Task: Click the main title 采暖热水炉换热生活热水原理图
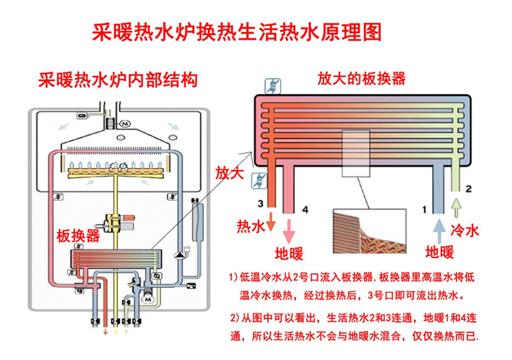(237, 32)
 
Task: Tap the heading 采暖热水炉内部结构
(118, 80)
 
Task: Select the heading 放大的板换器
(362, 78)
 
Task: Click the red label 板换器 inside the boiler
(78, 235)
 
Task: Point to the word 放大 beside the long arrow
(229, 173)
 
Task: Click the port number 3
(261, 204)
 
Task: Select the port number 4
(305, 210)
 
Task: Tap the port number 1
(424, 210)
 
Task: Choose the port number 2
(469, 189)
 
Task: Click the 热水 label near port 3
(251, 226)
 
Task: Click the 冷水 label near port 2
(465, 231)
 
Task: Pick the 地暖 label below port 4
(288, 253)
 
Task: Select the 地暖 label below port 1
(439, 252)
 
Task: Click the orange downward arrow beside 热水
(271, 221)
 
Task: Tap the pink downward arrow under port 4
(288, 231)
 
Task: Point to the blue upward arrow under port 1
(439, 231)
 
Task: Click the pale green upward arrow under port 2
(456, 208)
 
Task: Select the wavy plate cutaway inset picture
(369, 232)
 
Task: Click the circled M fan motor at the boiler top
(125, 124)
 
